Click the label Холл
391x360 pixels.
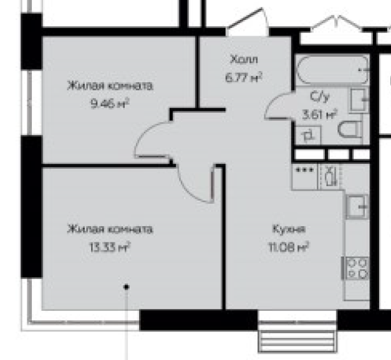[x=244, y=60]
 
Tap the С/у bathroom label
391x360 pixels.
[x=319, y=97]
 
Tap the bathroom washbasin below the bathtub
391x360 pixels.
[x=359, y=100]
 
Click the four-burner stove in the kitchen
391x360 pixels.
[x=357, y=268]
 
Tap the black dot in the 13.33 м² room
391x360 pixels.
[x=127, y=287]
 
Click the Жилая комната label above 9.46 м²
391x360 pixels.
[x=109, y=86]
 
